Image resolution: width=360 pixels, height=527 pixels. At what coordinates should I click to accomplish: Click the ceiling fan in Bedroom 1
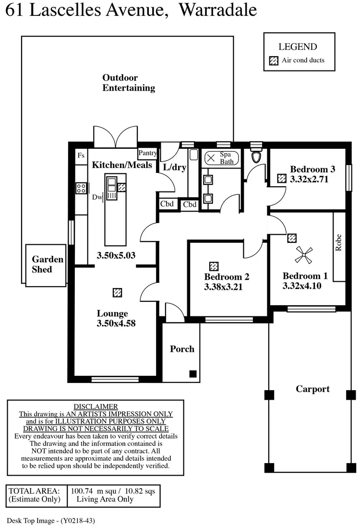click(303, 255)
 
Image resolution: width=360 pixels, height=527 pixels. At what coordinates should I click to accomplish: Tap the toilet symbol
click(256, 154)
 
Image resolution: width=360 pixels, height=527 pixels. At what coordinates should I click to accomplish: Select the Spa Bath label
click(227, 158)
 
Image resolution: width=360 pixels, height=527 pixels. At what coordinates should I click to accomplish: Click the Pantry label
click(147, 153)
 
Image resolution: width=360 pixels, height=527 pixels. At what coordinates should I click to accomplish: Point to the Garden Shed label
click(48, 264)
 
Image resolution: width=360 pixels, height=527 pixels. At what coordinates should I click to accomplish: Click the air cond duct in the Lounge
click(117, 292)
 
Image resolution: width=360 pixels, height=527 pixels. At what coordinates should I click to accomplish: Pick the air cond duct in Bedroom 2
click(214, 266)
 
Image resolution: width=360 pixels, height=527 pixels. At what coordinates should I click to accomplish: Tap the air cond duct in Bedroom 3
click(282, 178)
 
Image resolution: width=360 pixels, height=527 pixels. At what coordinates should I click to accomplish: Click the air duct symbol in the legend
click(274, 60)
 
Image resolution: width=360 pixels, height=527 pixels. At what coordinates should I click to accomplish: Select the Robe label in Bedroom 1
click(338, 242)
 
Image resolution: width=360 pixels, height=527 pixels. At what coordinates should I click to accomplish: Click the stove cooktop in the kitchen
click(81, 188)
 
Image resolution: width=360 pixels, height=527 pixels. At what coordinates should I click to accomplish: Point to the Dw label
click(97, 197)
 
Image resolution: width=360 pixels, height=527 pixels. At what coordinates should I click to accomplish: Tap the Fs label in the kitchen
click(81, 156)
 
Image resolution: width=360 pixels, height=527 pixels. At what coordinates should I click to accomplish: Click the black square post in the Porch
click(193, 373)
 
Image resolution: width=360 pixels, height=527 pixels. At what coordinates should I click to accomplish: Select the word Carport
click(312, 389)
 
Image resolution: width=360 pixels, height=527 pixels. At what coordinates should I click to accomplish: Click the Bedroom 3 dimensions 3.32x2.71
click(309, 179)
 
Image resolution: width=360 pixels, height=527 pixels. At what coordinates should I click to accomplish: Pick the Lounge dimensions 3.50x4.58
click(116, 323)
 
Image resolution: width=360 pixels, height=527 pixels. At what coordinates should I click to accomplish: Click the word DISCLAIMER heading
click(96, 407)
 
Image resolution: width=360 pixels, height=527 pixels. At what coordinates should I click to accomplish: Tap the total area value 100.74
click(81, 491)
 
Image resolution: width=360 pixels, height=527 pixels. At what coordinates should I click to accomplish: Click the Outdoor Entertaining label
click(129, 83)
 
